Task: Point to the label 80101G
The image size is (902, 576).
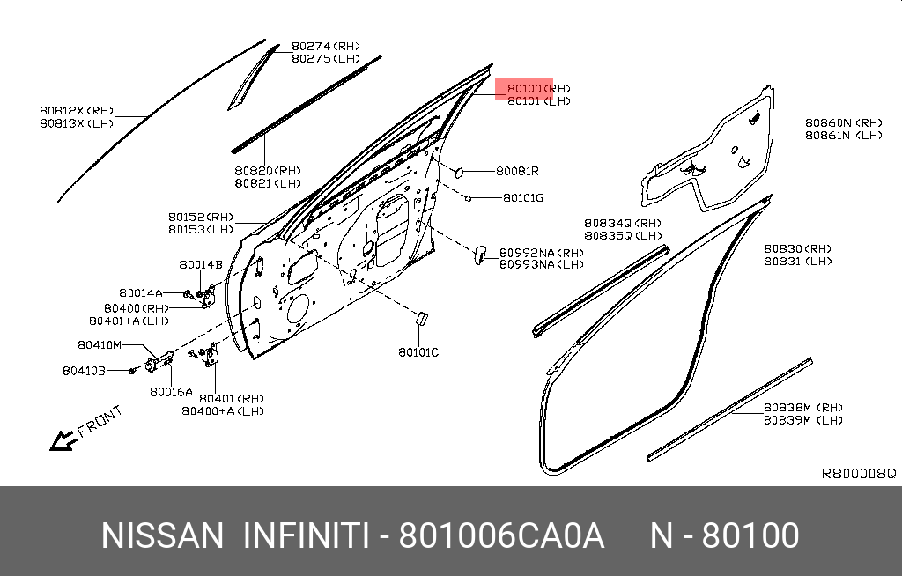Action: (x=522, y=198)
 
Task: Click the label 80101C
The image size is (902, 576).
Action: (x=418, y=352)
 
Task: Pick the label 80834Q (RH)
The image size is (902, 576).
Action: (x=622, y=224)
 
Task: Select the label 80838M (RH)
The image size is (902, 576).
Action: (x=802, y=408)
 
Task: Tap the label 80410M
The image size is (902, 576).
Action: (x=99, y=344)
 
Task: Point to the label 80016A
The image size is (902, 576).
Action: (x=170, y=392)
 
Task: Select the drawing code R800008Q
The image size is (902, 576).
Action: (x=858, y=474)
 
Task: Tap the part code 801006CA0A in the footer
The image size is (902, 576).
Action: (x=501, y=535)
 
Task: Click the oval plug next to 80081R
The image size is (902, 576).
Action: (x=458, y=172)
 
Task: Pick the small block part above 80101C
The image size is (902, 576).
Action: (x=420, y=317)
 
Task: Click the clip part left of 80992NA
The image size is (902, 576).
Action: (x=480, y=254)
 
